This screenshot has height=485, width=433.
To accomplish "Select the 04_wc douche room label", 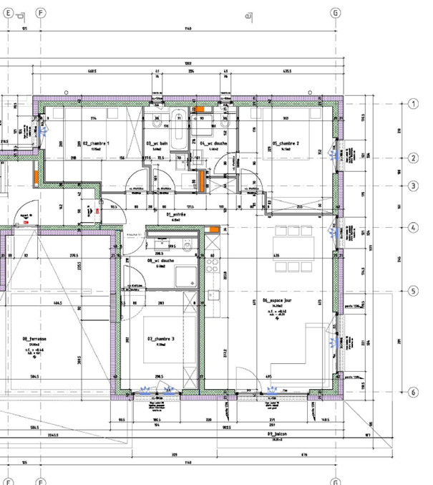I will [213, 144].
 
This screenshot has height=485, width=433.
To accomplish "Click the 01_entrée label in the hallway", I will [176, 213].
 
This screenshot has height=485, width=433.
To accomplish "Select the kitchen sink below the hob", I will [213, 294].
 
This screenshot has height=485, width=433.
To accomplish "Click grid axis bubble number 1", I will [413, 104].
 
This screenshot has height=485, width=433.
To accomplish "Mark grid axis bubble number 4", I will [413, 228].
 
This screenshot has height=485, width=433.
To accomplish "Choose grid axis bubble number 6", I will [413, 393].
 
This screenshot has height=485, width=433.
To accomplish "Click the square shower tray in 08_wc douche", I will [187, 276].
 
